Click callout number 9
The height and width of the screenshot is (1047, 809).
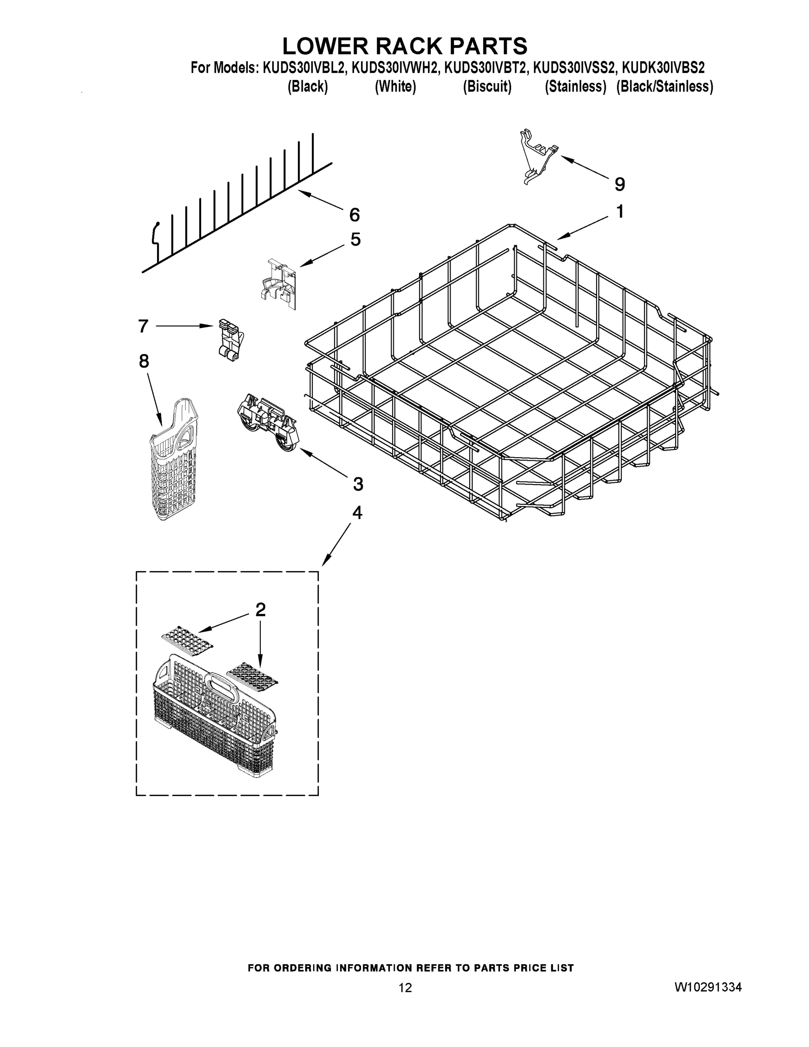click(619, 184)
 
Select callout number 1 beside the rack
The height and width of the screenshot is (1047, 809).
click(620, 212)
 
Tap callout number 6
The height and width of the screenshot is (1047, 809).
click(354, 215)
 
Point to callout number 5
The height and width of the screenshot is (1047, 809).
click(355, 239)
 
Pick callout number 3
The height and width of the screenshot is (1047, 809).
click(358, 484)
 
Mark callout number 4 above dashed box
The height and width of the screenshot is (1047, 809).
click(357, 513)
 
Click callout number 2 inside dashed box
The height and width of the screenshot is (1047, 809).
click(260, 609)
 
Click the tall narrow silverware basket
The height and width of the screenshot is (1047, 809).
click(174, 460)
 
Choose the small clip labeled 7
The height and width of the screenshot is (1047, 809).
click(229, 340)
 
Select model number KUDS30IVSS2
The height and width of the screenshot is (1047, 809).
click(573, 68)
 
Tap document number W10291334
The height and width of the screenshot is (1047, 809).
click(708, 987)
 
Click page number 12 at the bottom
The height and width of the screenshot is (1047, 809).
click(405, 988)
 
